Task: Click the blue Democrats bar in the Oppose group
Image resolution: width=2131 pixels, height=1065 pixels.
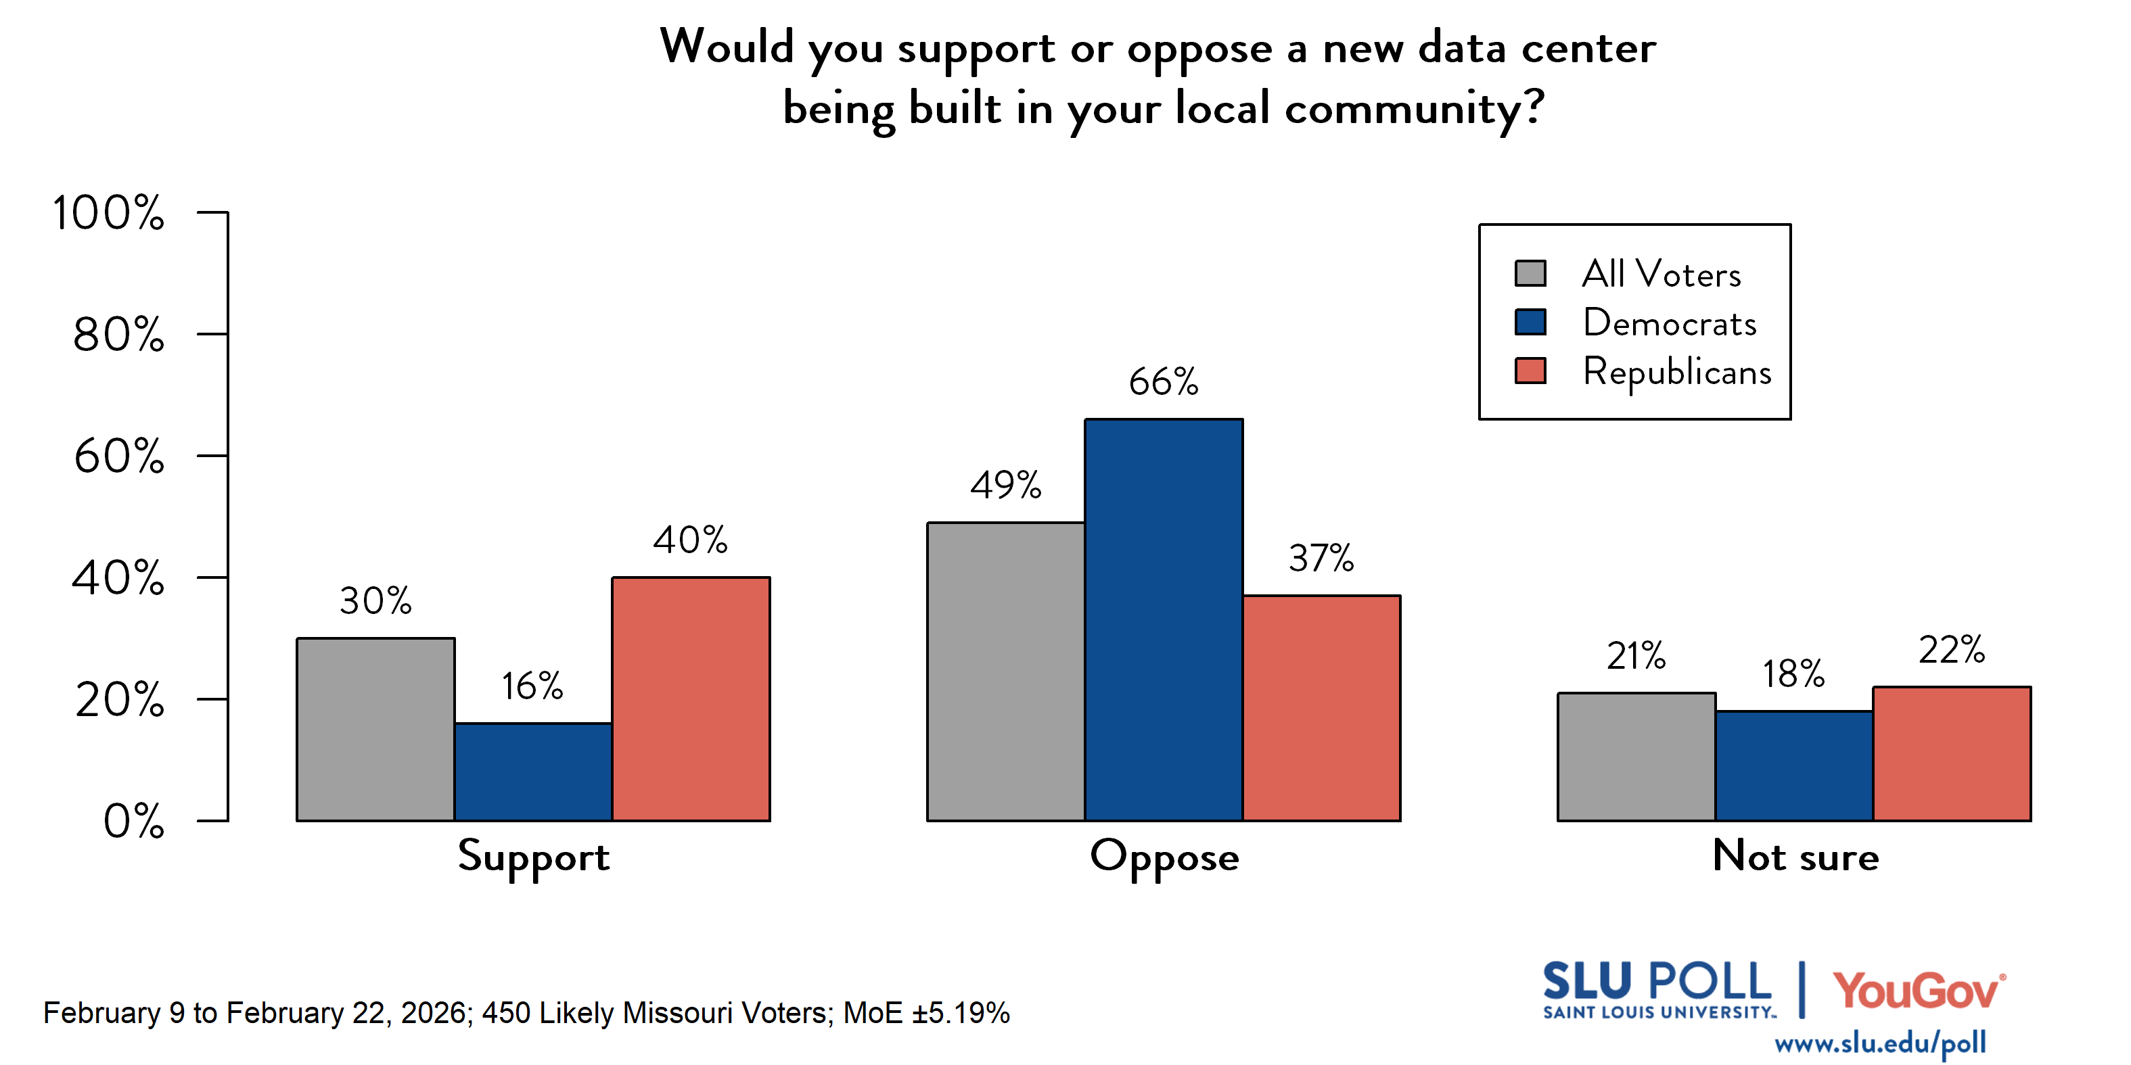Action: pos(1163,620)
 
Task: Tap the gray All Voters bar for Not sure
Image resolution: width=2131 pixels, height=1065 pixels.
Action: pos(1636,757)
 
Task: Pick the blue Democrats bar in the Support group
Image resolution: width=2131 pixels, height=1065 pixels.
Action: pos(533,772)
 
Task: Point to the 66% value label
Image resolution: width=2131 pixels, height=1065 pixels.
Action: pos(1163,382)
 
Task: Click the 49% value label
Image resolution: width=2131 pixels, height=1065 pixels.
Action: pos(1005,486)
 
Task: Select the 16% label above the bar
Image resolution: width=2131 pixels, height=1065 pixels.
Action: pos(532,686)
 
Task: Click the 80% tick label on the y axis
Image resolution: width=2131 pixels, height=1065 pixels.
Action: pos(118,335)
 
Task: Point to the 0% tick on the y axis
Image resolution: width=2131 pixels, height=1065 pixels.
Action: pos(133,822)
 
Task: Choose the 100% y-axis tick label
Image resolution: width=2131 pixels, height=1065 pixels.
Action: pos(108,213)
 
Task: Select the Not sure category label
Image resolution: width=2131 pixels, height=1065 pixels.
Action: pos(1795,857)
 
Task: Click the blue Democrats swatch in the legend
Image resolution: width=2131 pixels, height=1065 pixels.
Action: pos(1530,322)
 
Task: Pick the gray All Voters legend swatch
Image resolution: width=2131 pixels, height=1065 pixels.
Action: pos(1530,273)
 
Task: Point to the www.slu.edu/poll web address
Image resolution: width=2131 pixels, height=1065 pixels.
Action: pos(1879,1043)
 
